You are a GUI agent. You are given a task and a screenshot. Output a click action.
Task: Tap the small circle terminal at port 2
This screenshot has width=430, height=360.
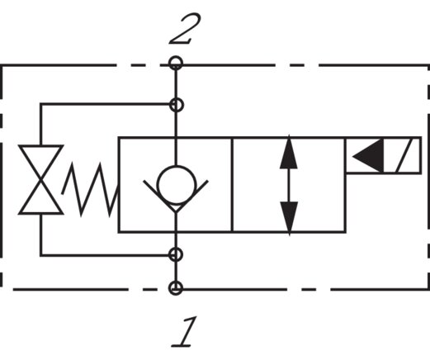pos(175,63)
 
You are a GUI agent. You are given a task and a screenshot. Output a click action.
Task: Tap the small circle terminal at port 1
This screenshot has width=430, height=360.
pos(175,287)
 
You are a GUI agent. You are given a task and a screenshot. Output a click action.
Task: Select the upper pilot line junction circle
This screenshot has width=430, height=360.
pos(175,104)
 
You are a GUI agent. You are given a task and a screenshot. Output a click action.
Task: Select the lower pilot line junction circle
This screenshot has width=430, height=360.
pos(175,254)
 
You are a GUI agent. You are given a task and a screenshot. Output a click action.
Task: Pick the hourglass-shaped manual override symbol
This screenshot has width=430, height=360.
pos(41,179)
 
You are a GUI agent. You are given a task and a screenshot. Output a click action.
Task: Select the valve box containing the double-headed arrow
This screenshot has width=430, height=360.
pos(287,184)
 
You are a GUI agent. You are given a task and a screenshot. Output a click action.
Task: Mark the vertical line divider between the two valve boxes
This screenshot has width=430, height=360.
pos(232,184)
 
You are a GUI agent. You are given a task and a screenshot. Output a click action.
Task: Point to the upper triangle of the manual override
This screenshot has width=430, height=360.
pos(41,161)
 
